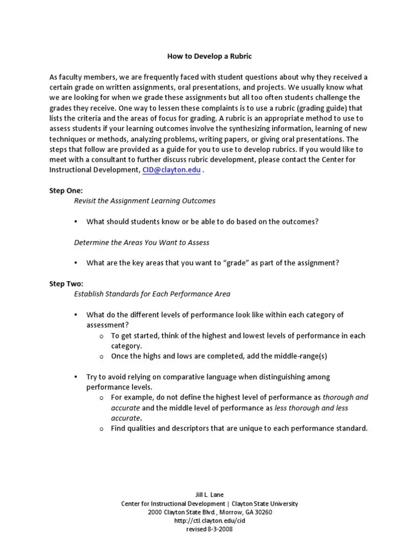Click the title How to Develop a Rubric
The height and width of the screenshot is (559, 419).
209,56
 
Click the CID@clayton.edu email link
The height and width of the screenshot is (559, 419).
171,170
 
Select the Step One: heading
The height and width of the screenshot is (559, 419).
66,191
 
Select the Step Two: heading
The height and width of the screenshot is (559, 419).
66,284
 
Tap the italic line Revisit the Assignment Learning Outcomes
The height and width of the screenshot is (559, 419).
145,201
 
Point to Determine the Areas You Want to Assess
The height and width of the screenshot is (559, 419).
141,242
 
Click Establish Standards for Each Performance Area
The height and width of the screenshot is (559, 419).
152,294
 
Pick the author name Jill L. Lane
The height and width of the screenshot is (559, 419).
209,495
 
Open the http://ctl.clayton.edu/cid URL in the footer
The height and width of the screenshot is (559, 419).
209,521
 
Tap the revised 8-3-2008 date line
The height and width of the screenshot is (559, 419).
209,530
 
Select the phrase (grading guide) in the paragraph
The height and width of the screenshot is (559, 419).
326,108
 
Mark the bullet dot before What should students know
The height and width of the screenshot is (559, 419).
76,222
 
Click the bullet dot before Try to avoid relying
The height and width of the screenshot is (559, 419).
76,377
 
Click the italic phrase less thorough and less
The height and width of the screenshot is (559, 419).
311,408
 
